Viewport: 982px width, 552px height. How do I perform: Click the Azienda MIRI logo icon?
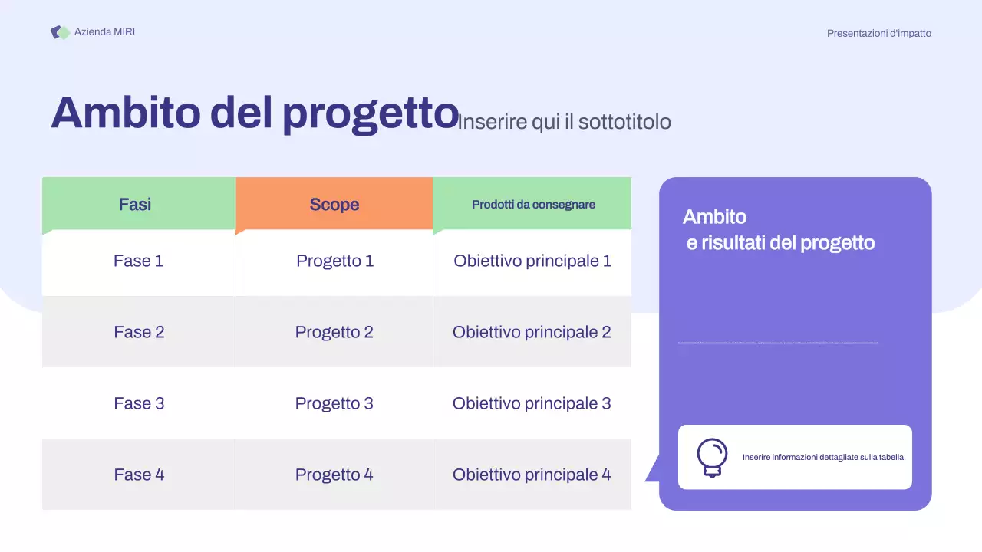(x=60, y=32)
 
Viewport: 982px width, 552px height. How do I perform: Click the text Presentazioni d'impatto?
(x=878, y=33)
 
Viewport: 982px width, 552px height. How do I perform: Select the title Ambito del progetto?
(x=255, y=113)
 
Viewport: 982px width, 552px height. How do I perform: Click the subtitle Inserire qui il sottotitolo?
(x=564, y=122)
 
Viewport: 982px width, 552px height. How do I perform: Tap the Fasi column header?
(x=135, y=204)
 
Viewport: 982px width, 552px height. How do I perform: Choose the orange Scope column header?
(x=334, y=204)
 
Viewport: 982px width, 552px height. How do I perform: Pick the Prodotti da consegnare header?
(x=533, y=205)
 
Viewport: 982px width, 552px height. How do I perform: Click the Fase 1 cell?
(x=139, y=261)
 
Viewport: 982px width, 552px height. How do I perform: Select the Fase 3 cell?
(x=139, y=403)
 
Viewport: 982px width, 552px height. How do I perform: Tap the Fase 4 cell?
(x=139, y=475)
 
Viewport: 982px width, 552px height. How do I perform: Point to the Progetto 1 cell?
(x=334, y=261)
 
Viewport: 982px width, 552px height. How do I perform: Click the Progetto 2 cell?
(x=334, y=332)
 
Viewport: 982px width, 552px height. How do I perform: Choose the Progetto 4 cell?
(x=334, y=475)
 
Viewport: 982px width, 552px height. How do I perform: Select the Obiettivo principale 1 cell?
(x=532, y=261)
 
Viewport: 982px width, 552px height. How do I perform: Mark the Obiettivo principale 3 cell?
(x=532, y=403)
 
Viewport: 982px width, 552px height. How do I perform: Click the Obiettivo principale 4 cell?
(x=532, y=475)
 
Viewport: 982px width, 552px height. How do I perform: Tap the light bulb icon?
(x=712, y=458)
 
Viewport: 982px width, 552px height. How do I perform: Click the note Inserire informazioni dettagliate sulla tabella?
(x=824, y=457)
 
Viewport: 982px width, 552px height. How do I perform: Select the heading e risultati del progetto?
(x=780, y=243)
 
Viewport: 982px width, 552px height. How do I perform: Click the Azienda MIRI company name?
(x=104, y=32)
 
